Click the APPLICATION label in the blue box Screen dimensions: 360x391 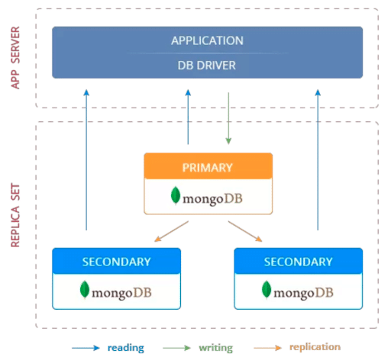[207, 40]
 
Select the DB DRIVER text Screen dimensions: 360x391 [207, 66]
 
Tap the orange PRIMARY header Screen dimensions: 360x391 [208, 166]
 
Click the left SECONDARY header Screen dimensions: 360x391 [116, 262]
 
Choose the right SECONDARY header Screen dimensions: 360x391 [298, 262]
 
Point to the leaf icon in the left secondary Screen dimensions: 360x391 [85, 290]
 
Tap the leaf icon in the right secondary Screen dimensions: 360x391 [267, 290]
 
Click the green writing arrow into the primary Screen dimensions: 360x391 [228, 118]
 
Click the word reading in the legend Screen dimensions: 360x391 [126, 348]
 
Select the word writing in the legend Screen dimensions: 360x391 [216, 348]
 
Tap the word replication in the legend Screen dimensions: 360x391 [315, 347]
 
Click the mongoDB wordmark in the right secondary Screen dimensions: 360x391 [304, 291]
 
